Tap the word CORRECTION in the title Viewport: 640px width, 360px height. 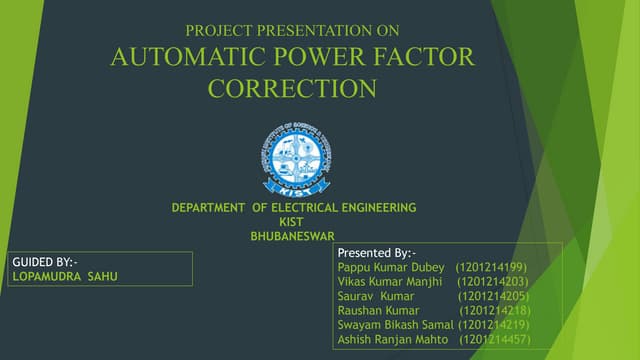292,89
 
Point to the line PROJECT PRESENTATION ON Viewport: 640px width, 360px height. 292,31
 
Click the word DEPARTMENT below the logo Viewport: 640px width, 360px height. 209,208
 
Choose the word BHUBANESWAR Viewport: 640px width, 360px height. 292,236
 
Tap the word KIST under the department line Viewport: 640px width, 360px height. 291,222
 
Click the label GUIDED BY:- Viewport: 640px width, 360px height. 43,262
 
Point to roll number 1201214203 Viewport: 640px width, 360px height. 492,283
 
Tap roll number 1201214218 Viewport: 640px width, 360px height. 494,312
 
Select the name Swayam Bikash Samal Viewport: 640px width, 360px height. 396,326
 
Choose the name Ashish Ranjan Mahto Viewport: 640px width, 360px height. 395,341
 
